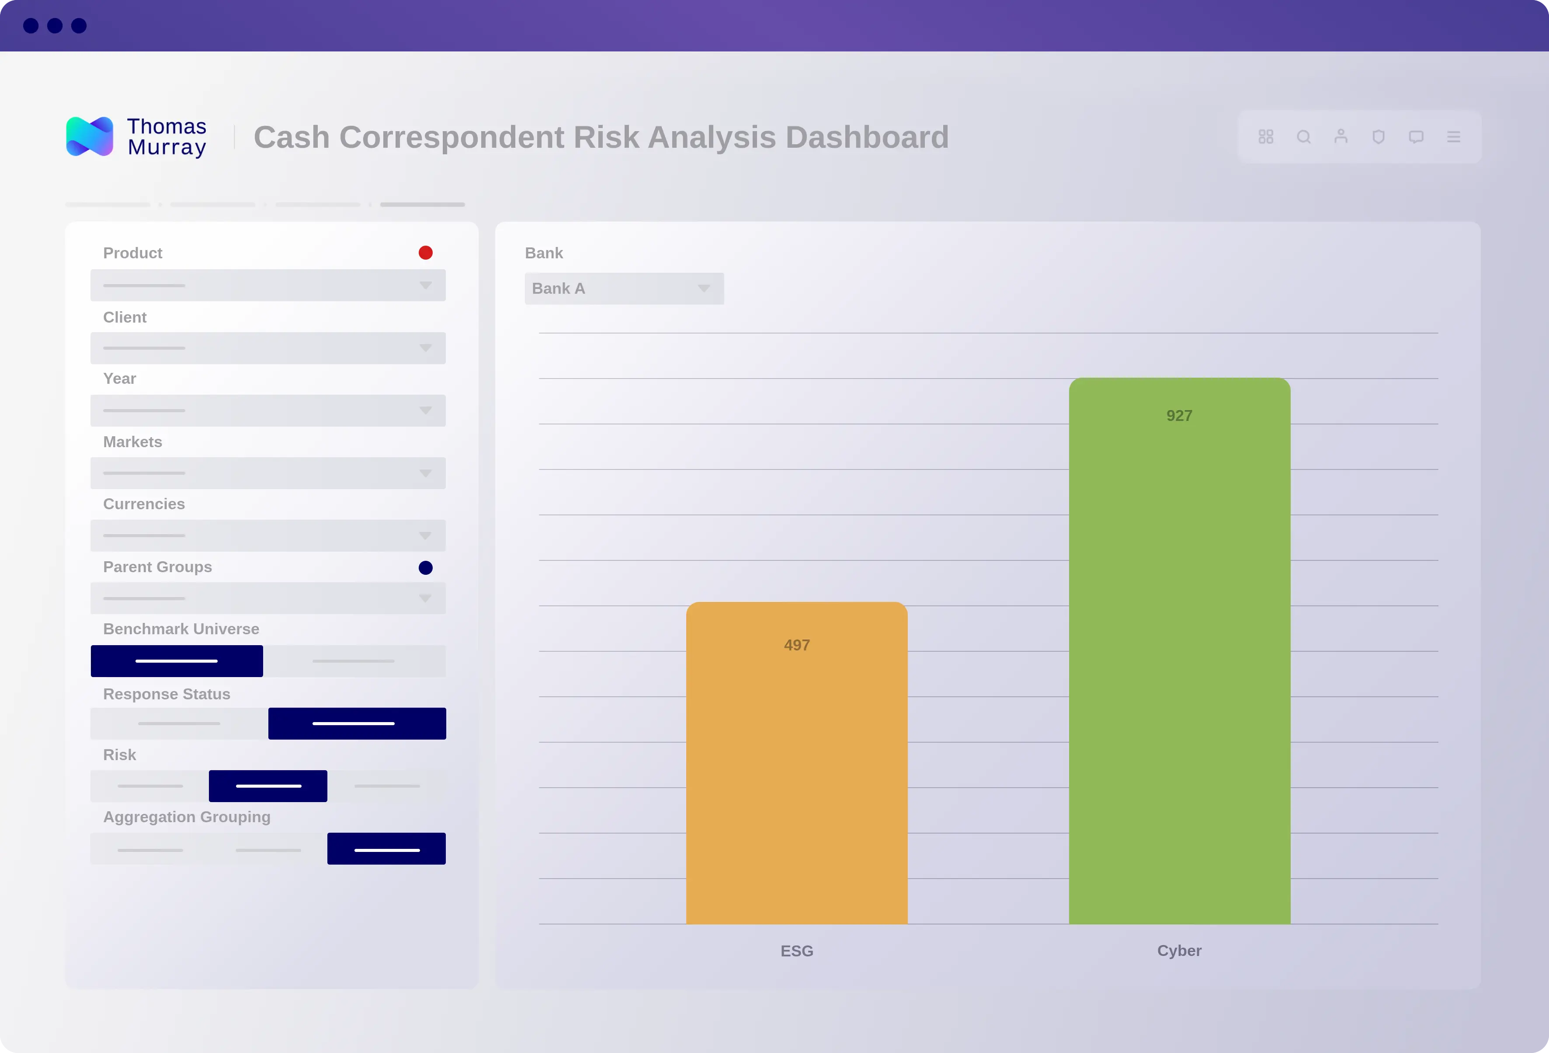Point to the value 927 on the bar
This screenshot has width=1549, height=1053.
[1179, 416]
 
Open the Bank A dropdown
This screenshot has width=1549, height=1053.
[624, 288]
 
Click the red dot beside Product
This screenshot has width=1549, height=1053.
[425, 253]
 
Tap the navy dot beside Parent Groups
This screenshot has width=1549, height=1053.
[425, 568]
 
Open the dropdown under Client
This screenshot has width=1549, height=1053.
[268, 348]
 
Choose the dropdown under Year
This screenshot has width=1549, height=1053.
[268, 410]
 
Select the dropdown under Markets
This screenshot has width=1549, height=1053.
[268, 473]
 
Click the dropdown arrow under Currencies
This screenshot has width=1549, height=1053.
[425, 536]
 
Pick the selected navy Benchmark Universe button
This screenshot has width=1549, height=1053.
[177, 661]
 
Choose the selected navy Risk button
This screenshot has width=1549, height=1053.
[268, 786]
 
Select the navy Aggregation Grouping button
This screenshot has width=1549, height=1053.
[386, 849]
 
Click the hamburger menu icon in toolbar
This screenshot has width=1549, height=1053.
[1454, 137]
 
